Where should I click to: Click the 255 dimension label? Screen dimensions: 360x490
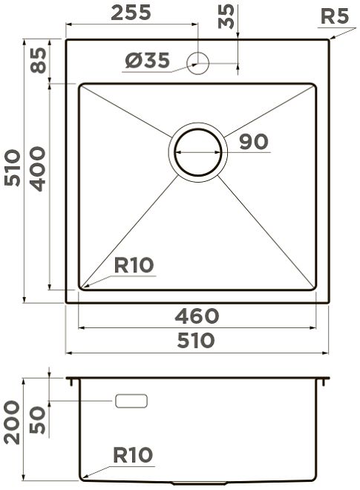(x=131, y=13)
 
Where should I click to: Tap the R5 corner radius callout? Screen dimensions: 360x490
(x=334, y=16)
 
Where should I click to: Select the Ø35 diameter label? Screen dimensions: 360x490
(x=148, y=60)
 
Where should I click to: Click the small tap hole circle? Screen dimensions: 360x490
(x=197, y=63)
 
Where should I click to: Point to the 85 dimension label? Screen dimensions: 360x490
(x=39, y=60)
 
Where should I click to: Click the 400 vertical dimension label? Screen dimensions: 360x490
(x=39, y=169)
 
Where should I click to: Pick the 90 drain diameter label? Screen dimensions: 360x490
(x=253, y=142)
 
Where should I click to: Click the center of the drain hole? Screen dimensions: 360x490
(x=197, y=152)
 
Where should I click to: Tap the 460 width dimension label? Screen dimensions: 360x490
(x=197, y=316)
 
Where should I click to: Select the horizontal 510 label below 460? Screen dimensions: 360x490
(x=196, y=340)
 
